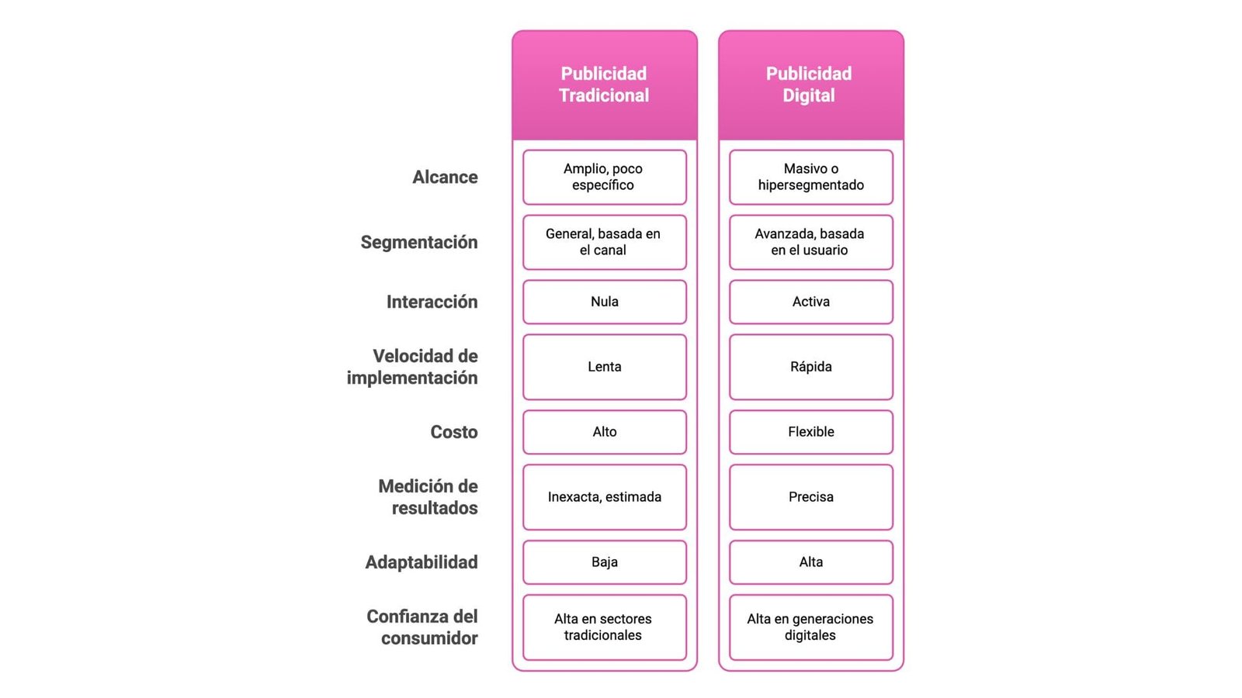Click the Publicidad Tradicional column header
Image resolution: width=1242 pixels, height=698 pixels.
pos(604,85)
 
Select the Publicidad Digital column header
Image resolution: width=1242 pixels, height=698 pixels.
pos(809,85)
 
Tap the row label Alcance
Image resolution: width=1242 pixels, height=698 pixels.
pos(445,177)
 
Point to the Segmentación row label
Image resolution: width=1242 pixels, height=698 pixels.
pos(419,242)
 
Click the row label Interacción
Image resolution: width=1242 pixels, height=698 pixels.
pos(432,302)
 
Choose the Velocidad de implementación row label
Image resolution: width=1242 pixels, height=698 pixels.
pos(412,367)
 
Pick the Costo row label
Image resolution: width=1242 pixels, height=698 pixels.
pos(454,432)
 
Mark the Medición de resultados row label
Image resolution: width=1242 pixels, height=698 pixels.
pos(428,497)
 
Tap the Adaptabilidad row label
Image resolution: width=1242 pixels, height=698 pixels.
pos(422,562)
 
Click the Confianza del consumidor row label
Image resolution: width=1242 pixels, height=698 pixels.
pos(422,627)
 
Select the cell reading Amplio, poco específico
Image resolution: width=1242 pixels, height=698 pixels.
pos(604,177)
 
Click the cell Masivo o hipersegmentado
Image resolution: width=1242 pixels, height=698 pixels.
pos(810,177)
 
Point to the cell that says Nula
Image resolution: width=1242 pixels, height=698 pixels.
pos(604,302)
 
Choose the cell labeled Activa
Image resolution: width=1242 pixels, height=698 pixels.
pos(810,302)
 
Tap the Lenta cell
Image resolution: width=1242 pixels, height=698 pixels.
pos(604,367)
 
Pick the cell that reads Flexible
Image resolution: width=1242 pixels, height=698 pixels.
pos(810,432)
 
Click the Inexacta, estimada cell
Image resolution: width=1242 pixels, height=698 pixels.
pos(604,497)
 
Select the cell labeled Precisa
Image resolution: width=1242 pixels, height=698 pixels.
pos(810,497)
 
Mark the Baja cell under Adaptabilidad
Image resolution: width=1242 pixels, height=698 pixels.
pos(604,562)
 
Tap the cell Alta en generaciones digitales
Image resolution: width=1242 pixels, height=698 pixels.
pos(810,627)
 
